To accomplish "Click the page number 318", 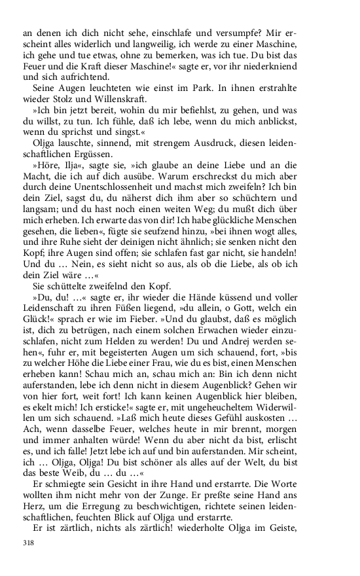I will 28,543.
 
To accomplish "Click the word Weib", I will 78,484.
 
